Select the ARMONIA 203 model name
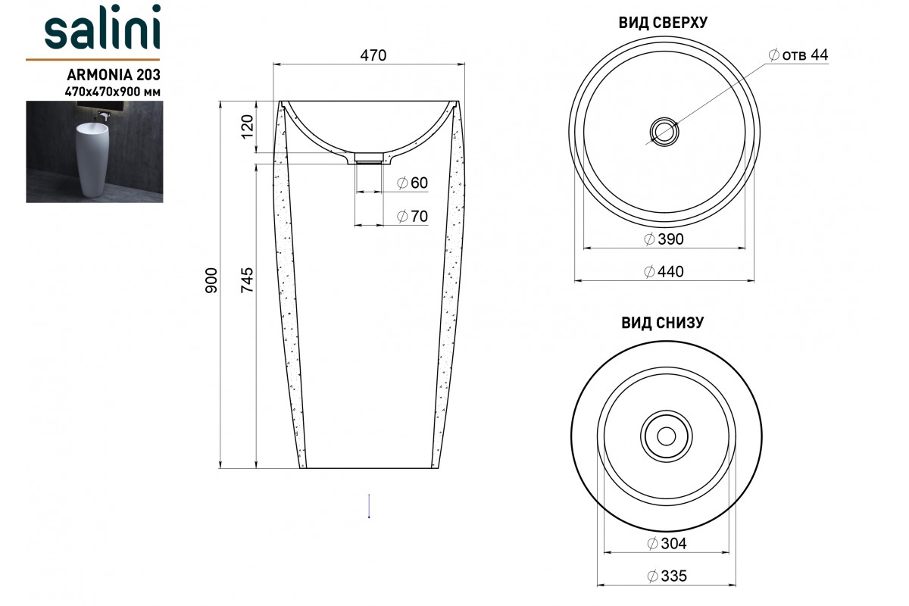point(114,75)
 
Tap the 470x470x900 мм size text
point(113,92)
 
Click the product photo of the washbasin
point(95,151)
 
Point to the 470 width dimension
point(373,55)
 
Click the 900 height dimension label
point(211,280)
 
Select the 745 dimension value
point(247,280)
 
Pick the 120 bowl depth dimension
point(247,127)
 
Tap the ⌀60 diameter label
point(412,183)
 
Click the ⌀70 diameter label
point(412,217)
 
